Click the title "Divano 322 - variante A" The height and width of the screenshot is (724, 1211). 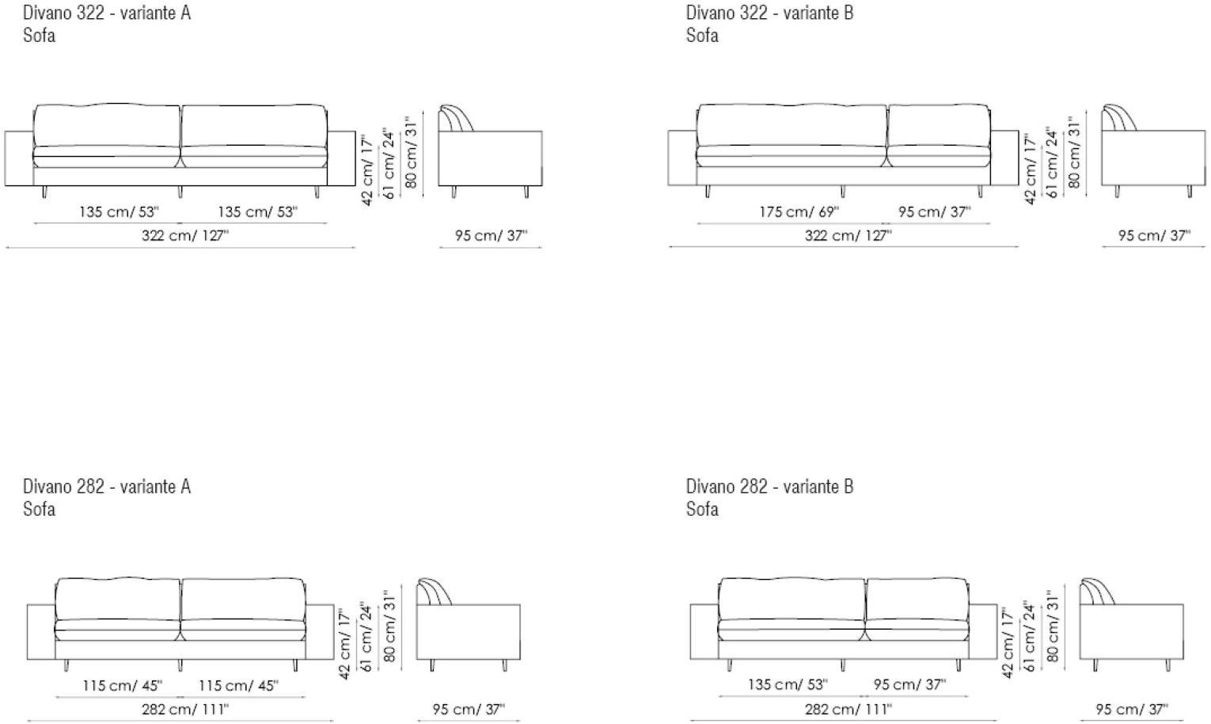[x=107, y=13]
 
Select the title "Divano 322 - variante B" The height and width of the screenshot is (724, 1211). [x=770, y=13]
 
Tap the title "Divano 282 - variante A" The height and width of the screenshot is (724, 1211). [x=107, y=486]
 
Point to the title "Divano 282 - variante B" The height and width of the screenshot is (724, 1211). [x=770, y=486]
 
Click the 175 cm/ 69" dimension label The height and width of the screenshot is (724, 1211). [x=799, y=211]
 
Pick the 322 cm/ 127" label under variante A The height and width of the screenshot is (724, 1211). [x=185, y=235]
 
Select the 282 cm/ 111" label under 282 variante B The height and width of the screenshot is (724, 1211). [x=848, y=709]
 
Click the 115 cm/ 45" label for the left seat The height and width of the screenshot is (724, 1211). [x=122, y=685]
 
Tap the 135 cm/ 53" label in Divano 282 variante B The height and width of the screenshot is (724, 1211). [x=788, y=684]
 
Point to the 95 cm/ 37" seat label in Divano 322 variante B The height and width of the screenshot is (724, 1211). [x=935, y=211]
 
